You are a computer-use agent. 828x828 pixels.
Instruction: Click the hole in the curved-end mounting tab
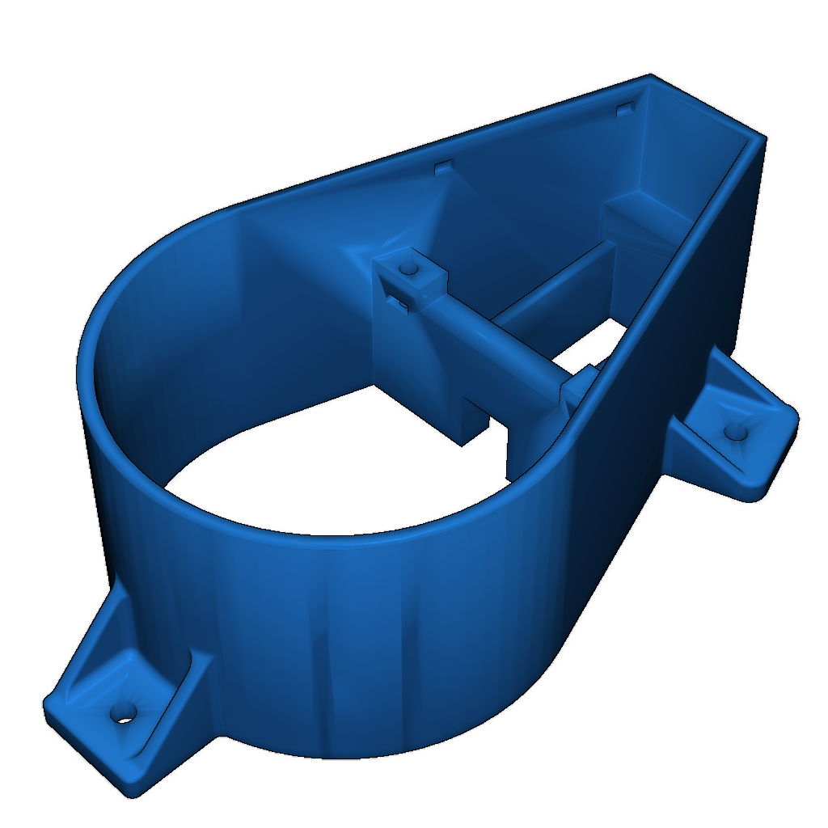click(x=124, y=711)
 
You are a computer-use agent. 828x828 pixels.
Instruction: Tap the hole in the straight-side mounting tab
click(x=735, y=432)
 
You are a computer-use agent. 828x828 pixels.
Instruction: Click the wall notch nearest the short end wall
click(x=625, y=108)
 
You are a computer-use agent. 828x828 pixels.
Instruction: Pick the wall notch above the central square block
click(x=443, y=167)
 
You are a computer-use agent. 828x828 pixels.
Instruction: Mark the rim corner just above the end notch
click(x=650, y=78)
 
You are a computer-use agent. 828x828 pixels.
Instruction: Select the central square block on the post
click(x=411, y=279)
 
